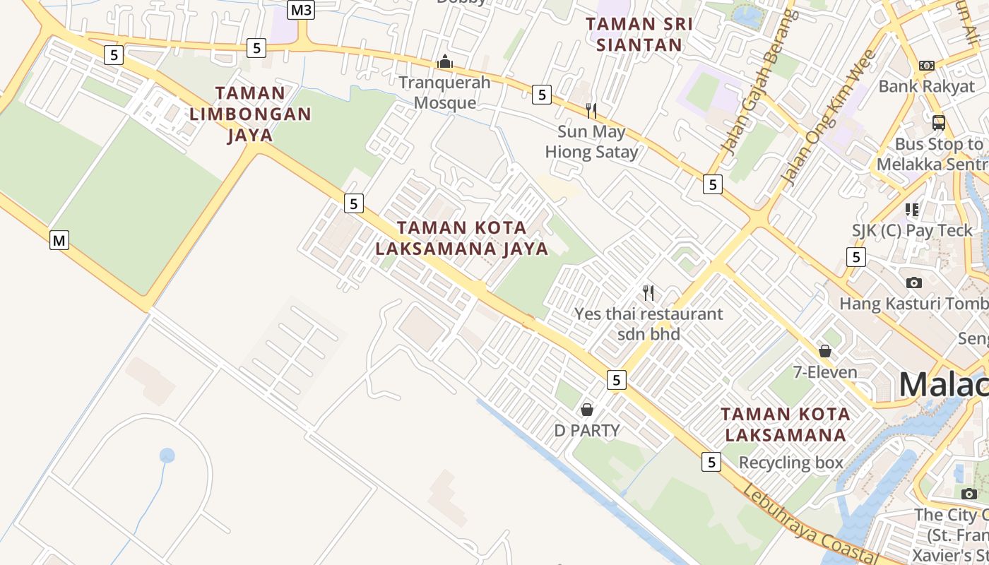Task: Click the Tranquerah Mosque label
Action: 444,93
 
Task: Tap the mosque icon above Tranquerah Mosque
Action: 444,62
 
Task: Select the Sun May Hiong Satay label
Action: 591,141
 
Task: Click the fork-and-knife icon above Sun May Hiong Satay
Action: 591,110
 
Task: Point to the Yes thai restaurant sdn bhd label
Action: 649,323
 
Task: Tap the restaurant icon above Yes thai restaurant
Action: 649,292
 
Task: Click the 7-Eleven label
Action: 825,372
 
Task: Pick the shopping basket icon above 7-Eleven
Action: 825,351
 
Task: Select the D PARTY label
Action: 586,431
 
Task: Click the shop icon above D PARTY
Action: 586,410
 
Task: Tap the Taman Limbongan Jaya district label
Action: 250,114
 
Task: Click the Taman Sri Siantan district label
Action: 639,34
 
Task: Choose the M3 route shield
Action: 302,10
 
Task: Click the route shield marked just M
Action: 59,241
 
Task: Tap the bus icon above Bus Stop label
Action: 938,123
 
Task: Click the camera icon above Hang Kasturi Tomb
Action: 913,282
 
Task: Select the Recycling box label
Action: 790,463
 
